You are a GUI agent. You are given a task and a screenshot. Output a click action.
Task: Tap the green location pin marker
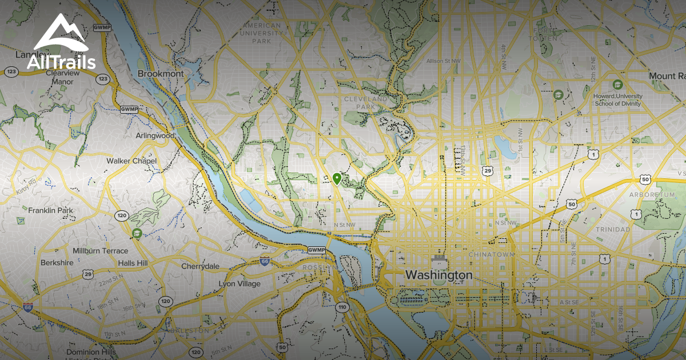[337, 179]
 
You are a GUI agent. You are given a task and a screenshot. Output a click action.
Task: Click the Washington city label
[438, 275]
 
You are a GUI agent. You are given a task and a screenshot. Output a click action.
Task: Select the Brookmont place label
[161, 74]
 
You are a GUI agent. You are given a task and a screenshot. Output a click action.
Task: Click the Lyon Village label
[240, 283]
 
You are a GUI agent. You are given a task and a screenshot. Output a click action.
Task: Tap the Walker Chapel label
[131, 161]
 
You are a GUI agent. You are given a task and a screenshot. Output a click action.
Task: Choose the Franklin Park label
[51, 210]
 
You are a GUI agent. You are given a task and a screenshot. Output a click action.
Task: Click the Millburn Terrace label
[100, 251]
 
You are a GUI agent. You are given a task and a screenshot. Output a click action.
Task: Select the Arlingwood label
[155, 136]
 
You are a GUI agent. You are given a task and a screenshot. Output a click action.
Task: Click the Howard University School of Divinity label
[618, 100]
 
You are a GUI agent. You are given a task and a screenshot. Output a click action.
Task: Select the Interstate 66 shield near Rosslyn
[264, 261]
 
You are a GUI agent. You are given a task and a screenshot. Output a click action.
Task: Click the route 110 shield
[342, 307]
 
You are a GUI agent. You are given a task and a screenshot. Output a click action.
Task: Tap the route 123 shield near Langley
[11, 71]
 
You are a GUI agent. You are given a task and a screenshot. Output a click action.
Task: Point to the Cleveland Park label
[365, 102]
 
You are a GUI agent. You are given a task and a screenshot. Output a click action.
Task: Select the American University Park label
[262, 33]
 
